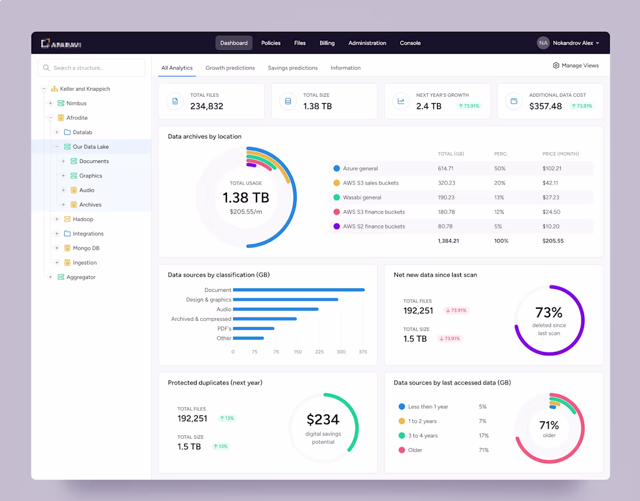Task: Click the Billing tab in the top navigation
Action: click(x=327, y=43)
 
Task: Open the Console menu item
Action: click(x=410, y=43)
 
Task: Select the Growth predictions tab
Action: click(x=230, y=68)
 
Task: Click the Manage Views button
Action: click(x=575, y=66)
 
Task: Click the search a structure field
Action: click(x=92, y=68)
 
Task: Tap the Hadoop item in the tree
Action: click(x=83, y=219)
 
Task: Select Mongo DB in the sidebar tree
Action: click(x=86, y=248)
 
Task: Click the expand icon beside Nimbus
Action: click(x=51, y=103)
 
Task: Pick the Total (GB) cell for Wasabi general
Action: click(x=446, y=197)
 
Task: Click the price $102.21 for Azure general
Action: click(x=552, y=168)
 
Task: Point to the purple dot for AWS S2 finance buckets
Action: click(x=336, y=227)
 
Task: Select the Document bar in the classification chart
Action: click(x=298, y=290)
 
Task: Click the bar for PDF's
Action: click(x=254, y=329)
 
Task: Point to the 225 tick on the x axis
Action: click(x=319, y=352)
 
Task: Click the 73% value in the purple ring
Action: click(x=549, y=313)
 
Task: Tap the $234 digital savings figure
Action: click(x=323, y=419)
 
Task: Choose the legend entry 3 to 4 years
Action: click(x=422, y=436)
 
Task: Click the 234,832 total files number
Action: click(x=207, y=106)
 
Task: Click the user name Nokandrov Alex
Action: click(x=573, y=43)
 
